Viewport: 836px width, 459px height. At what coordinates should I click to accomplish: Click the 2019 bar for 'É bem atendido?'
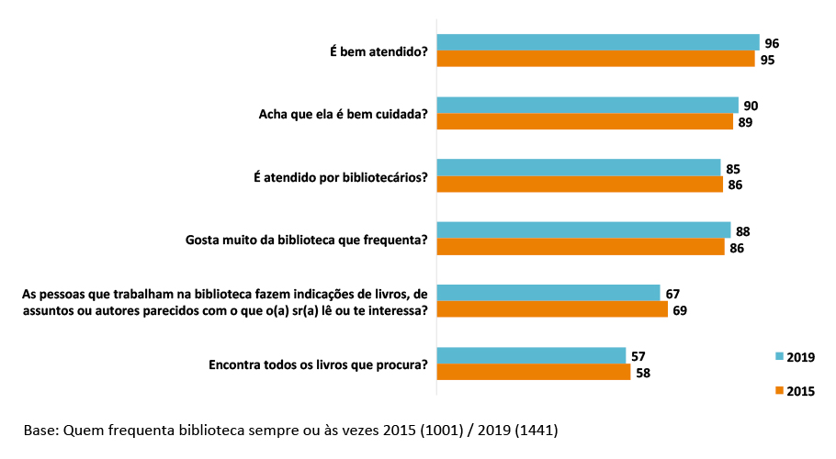[x=597, y=43]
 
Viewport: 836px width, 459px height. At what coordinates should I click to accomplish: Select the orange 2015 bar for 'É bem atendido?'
[x=595, y=60]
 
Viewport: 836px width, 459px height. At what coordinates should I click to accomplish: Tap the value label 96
[x=772, y=43]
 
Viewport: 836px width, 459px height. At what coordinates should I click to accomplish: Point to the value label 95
[x=766, y=60]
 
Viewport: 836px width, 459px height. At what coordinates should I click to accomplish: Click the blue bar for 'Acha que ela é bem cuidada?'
[x=587, y=106]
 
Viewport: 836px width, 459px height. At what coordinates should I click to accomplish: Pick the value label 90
[x=751, y=106]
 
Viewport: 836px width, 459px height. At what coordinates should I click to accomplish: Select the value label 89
[x=745, y=122]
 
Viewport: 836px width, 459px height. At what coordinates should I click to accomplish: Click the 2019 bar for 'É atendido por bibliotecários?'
[x=578, y=168]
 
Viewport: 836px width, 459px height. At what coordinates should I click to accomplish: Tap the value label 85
[x=732, y=169]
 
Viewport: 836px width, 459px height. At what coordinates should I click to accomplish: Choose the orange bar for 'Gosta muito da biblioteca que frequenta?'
[x=580, y=247]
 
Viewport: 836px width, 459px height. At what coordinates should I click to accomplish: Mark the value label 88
[x=742, y=231]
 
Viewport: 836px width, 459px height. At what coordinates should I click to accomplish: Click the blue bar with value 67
[x=548, y=293]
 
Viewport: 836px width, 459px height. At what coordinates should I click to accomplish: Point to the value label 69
[x=679, y=310]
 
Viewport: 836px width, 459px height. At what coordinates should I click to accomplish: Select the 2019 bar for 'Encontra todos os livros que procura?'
[x=531, y=355]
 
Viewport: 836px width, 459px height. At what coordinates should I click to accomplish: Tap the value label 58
[x=642, y=373]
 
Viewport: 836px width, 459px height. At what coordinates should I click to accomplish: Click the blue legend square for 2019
[x=780, y=357]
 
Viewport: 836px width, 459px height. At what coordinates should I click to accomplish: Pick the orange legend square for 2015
[x=780, y=391]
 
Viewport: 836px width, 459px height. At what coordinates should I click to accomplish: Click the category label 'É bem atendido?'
[x=378, y=52]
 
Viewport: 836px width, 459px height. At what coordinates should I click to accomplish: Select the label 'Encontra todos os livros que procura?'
[x=319, y=364]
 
